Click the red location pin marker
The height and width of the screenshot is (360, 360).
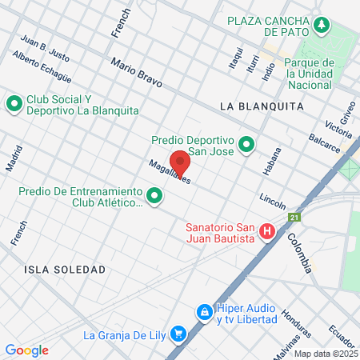pyautogui.click(x=180, y=162)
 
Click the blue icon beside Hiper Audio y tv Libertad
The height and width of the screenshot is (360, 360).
pyautogui.click(x=204, y=311)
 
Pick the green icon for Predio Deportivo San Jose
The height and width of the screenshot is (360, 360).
pyautogui.click(x=246, y=146)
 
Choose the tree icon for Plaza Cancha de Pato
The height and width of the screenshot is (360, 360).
pyautogui.click(x=322, y=25)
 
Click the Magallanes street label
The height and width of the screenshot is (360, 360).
pyautogui.click(x=169, y=172)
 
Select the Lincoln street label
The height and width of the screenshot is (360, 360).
pyautogui.click(x=272, y=197)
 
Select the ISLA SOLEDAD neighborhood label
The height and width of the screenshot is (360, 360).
pyautogui.click(x=65, y=270)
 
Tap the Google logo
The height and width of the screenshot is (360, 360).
pyautogui.click(x=26, y=350)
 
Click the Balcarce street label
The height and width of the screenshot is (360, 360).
pyautogui.click(x=323, y=145)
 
